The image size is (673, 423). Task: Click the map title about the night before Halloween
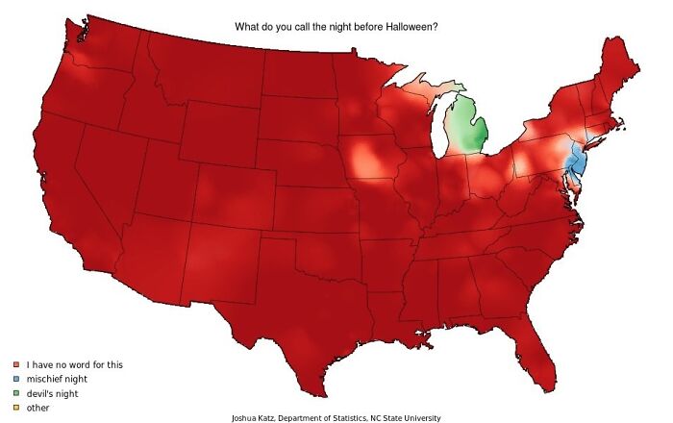[336, 27]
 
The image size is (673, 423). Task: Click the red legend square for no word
[16, 365]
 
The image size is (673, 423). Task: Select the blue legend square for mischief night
[16, 380]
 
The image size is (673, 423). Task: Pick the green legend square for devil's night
[16, 394]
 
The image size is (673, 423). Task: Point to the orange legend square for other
[16, 408]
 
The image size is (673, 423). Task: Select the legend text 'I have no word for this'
[75, 365]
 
